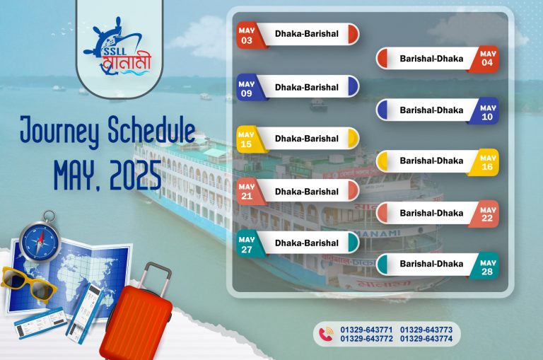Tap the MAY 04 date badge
click(x=486, y=59)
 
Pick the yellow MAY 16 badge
click(x=486, y=162)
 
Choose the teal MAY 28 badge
click(x=486, y=267)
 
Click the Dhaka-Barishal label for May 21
click(x=306, y=192)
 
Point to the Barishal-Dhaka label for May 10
click(x=431, y=110)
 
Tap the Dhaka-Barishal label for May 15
click(x=306, y=139)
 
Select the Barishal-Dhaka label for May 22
click(x=431, y=213)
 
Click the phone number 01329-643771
click(x=366, y=330)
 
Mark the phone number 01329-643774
click(x=426, y=339)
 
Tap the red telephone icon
click(x=326, y=335)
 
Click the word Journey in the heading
click(x=59, y=131)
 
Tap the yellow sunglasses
click(x=28, y=284)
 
